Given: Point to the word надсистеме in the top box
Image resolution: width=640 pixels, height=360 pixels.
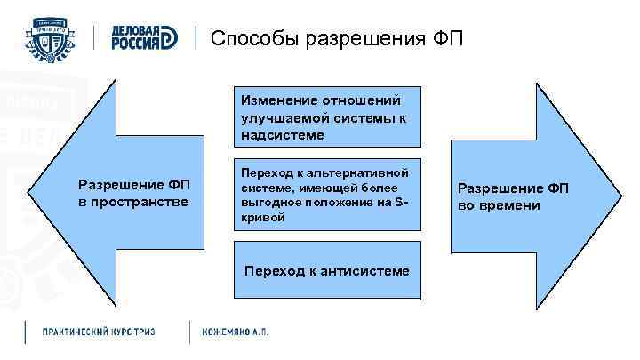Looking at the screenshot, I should click(x=282, y=135).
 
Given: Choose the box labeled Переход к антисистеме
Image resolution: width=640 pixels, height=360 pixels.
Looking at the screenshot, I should click(x=327, y=269).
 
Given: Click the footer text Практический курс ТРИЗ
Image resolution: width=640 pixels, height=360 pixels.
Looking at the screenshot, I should click(x=99, y=332).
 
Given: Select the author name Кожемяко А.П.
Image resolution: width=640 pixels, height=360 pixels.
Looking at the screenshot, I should click(x=236, y=332).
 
